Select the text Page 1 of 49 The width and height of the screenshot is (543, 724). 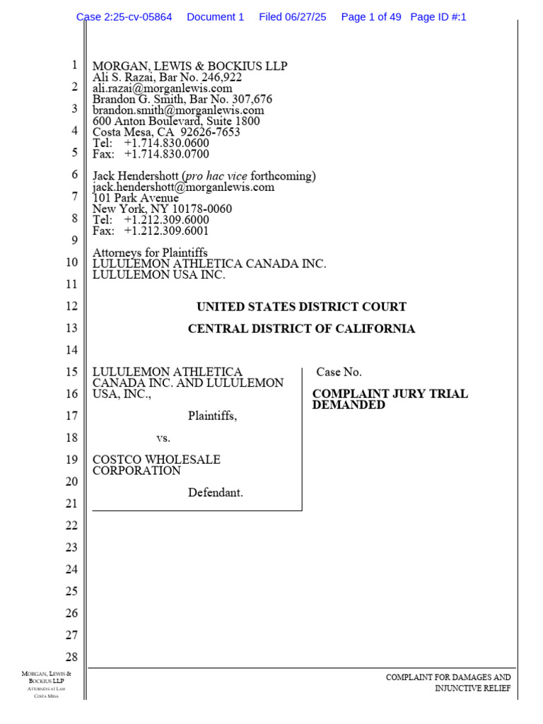(x=371, y=17)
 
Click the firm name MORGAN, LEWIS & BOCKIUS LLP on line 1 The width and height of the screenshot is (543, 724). (x=190, y=66)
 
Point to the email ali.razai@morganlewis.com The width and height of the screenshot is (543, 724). (x=163, y=89)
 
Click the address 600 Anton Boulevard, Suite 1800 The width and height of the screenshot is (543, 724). (x=176, y=122)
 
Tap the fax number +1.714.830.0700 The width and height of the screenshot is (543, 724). (x=167, y=154)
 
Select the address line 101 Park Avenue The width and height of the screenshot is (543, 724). (x=136, y=199)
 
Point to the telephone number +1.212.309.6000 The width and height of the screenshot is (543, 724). (x=167, y=220)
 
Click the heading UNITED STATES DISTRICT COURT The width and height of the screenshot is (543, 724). (x=301, y=308)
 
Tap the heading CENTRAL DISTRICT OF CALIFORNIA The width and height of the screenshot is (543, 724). (x=301, y=329)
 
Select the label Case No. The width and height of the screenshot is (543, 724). (x=339, y=372)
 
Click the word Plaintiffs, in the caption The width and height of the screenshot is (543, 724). (x=212, y=416)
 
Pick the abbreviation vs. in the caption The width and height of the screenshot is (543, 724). (x=163, y=438)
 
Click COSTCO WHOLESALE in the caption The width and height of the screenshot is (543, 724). (x=157, y=460)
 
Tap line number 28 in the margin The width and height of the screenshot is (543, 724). (x=71, y=657)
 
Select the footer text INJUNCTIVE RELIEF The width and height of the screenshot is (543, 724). (x=472, y=689)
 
